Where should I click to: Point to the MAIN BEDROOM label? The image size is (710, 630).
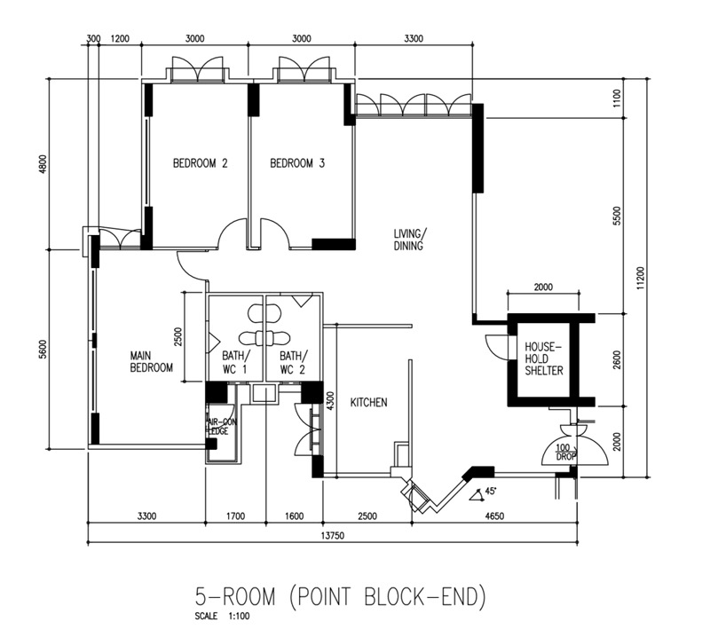pyautogui.click(x=151, y=361)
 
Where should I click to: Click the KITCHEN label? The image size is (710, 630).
pyautogui.click(x=368, y=403)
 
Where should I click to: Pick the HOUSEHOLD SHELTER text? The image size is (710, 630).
pyautogui.click(x=543, y=358)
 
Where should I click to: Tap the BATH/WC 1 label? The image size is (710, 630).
pyautogui.click(x=235, y=361)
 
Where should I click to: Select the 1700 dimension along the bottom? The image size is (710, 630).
pyautogui.click(x=236, y=514)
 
